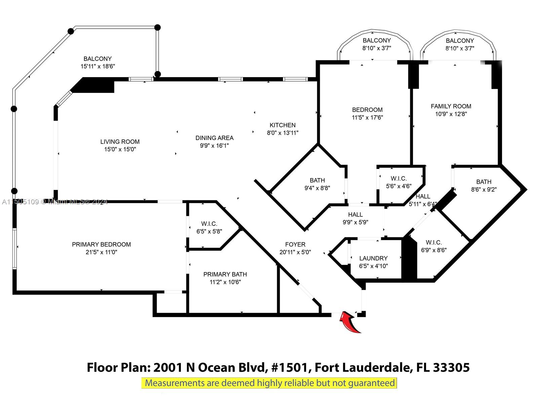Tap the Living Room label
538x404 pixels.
tap(120, 142)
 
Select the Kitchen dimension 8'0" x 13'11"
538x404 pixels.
tap(282, 133)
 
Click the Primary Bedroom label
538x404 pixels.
tap(101, 244)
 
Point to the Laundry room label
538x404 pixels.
tap(373, 258)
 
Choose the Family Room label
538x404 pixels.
tap(451, 106)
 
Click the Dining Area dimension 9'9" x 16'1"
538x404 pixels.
tap(214, 146)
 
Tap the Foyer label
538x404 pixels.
tap(295, 244)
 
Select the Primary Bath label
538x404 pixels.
tap(225, 274)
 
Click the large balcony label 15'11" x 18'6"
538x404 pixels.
tap(98, 63)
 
